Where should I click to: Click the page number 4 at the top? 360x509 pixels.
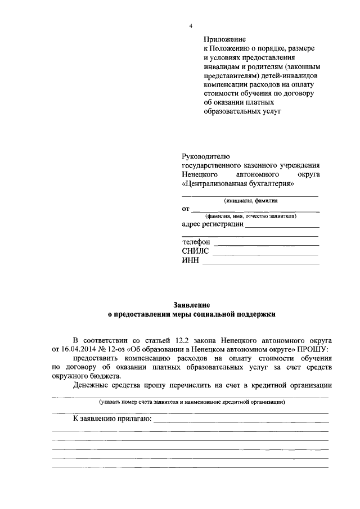pyautogui.click(x=190, y=27)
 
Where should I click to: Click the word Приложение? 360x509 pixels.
pyautogui.click(x=225, y=39)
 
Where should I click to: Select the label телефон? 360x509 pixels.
pyautogui.click(x=196, y=242)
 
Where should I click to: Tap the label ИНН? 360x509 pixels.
pyautogui.click(x=191, y=261)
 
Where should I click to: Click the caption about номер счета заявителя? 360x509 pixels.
pyautogui.click(x=190, y=402)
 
